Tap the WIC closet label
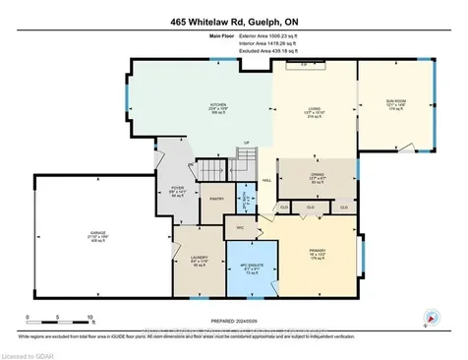pyautogui.click(x=239, y=228)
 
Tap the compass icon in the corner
pyautogui.click(x=430, y=318)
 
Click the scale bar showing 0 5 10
pyautogui.click(x=59, y=320)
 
